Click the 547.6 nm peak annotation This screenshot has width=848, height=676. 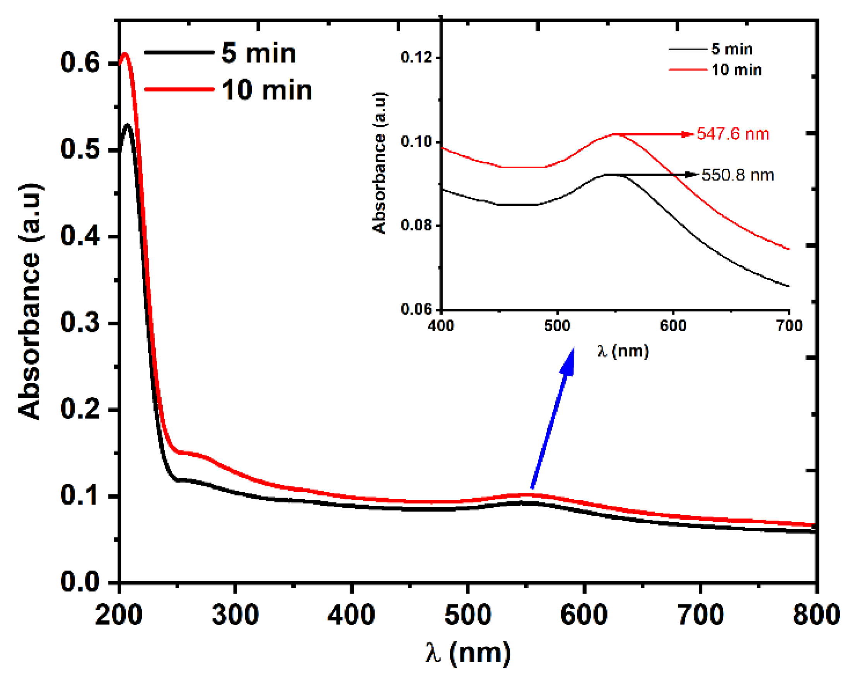(x=732, y=134)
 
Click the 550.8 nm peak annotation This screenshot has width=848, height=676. (x=737, y=175)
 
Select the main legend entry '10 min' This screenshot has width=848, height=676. (x=266, y=90)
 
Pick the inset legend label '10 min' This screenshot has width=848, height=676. (x=736, y=70)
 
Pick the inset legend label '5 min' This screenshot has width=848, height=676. (x=732, y=49)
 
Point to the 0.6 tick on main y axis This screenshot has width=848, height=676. (x=80, y=63)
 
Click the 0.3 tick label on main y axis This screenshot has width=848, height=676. (x=80, y=323)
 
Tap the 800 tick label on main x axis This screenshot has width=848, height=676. (x=816, y=614)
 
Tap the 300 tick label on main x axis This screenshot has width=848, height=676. (x=235, y=614)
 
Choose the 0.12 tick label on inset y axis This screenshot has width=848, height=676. (x=416, y=57)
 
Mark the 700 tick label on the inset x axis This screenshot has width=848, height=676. (x=789, y=326)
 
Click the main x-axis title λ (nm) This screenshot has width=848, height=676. (x=468, y=653)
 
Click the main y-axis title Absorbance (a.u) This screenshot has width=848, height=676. (x=30, y=301)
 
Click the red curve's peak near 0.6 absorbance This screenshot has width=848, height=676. (x=125, y=53)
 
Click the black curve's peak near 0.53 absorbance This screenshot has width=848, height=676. (x=127, y=125)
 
